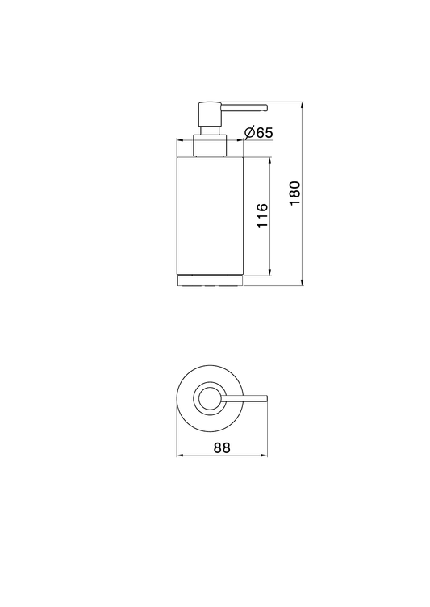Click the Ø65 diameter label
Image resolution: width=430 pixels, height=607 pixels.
click(259, 133)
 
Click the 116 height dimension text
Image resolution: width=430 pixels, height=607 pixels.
click(263, 215)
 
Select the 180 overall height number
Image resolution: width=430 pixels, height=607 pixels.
click(294, 193)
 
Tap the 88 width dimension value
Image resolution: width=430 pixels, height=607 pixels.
click(222, 447)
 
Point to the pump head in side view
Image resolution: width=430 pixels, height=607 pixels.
click(210, 114)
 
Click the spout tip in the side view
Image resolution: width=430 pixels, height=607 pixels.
click(265, 108)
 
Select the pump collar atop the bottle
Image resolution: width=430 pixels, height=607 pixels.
click(210, 146)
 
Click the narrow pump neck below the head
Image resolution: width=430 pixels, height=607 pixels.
click(210, 130)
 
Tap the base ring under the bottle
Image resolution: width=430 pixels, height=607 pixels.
click(210, 281)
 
